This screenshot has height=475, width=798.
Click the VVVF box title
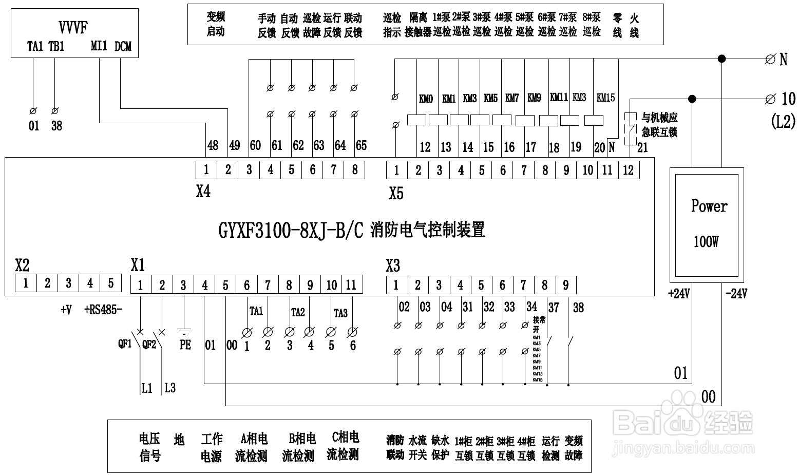pos(73,27)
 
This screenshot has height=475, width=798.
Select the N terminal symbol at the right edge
pos(770,60)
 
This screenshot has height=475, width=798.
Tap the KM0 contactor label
pos(426,99)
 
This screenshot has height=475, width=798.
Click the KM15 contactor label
pos(605,98)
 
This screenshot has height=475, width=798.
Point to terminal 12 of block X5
pos(629,170)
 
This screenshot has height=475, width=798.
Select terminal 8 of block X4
pos(354,170)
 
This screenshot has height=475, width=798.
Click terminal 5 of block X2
pos(110,283)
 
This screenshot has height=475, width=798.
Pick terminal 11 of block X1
pos(351,284)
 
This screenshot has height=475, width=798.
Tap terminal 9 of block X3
pos(565,285)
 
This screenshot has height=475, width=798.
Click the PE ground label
pos(185,345)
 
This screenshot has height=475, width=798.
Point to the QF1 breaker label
pos(125,344)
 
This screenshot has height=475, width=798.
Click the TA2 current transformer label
pos(298,312)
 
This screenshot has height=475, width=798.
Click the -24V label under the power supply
pos(736,294)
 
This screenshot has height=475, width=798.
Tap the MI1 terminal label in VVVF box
pos(99,46)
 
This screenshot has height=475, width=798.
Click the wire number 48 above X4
pos(213,145)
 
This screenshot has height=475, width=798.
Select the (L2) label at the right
pos(783,121)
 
